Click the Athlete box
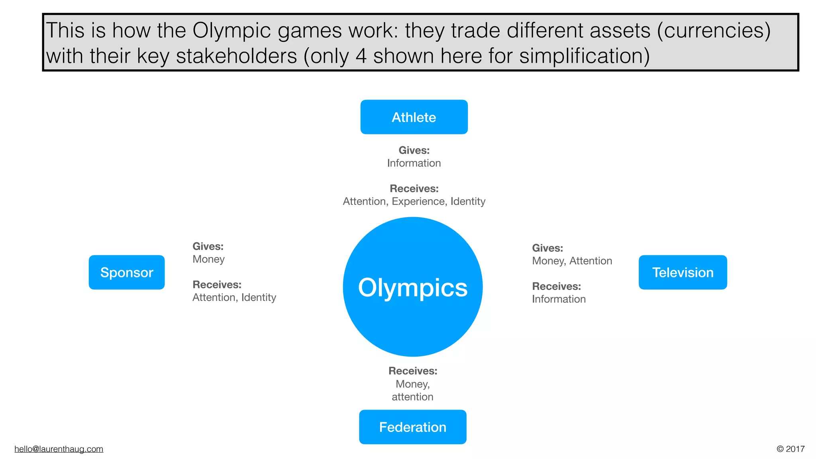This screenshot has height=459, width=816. click(414, 117)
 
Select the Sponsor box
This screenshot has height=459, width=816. click(127, 273)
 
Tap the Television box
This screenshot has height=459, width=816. click(683, 273)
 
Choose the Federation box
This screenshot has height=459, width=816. click(413, 427)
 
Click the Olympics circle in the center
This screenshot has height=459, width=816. click(413, 287)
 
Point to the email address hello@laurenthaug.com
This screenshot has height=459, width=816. click(59, 449)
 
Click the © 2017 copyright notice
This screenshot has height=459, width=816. click(790, 449)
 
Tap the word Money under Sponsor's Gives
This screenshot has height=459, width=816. click(208, 259)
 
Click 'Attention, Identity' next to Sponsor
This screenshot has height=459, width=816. click(234, 298)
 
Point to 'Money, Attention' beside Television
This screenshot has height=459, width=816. click(572, 261)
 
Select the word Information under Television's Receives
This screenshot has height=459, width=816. click(559, 299)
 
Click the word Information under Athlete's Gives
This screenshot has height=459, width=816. click(414, 163)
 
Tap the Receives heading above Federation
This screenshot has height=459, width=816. click(413, 371)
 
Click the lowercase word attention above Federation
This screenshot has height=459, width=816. click(412, 397)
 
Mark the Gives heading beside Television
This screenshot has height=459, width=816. click(547, 248)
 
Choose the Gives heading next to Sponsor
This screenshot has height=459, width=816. click(208, 247)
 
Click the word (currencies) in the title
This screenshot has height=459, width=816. click(714, 31)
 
